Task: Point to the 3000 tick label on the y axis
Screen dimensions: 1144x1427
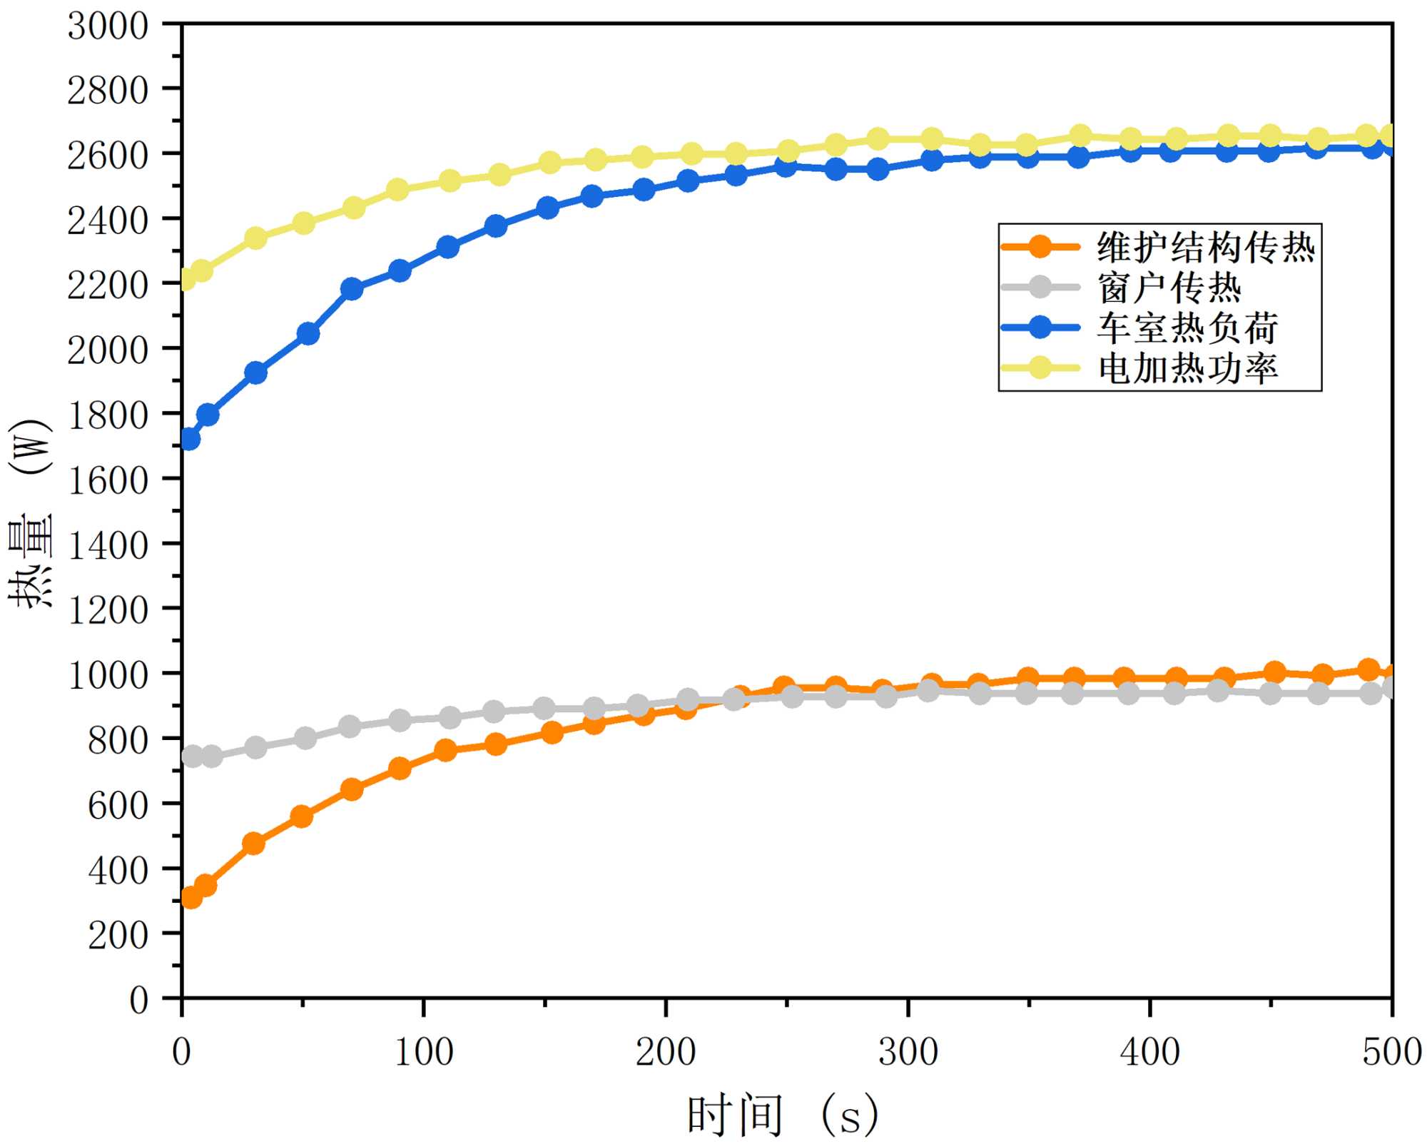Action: [x=108, y=26]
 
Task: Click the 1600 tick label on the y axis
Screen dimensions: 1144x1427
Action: [x=108, y=480]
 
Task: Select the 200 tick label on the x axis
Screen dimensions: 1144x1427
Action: [x=665, y=1052]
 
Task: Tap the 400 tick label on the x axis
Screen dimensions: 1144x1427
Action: [x=1149, y=1052]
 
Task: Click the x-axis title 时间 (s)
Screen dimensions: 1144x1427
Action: [x=782, y=1115]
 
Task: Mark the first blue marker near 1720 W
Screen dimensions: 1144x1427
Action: [x=189, y=439]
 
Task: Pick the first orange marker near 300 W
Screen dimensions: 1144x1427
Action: [x=191, y=897]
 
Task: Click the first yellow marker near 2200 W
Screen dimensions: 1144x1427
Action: [x=187, y=279]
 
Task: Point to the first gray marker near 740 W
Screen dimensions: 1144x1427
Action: [x=192, y=756]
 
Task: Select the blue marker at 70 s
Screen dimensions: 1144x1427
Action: [x=352, y=289]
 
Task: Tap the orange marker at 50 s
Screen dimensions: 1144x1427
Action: [x=302, y=816]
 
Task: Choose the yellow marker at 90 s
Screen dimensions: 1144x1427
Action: [x=398, y=190]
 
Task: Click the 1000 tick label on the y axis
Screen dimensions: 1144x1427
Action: [x=108, y=674]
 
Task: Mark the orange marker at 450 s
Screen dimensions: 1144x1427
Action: [x=1274, y=672]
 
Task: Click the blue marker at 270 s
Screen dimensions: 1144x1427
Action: [x=836, y=169]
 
